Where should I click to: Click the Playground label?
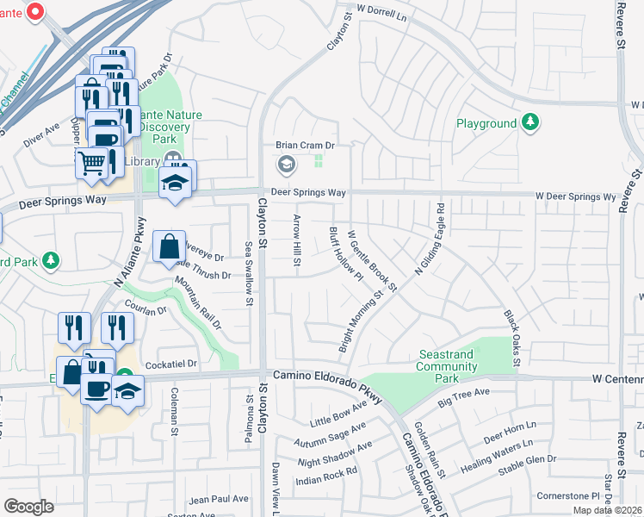pyautogui.click(x=486, y=123)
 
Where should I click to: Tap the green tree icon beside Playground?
pyautogui.click(x=532, y=122)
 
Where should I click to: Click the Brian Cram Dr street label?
pyautogui.click(x=304, y=146)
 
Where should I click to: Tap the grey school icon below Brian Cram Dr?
pyautogui.click(x=286, y=164)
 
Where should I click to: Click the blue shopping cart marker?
pyautogui.click(x=92, y=161)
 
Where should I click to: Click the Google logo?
pyautogui.click(x=28, y=506)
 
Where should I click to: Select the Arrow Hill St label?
pyautogui.click(x=297, y=241)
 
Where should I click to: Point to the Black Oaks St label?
pyautogui.click(x=511, y=338)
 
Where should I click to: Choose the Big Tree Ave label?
pyautogui.click(x=463, y=397)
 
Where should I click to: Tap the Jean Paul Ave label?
pyautogui.click(x=219, y=499)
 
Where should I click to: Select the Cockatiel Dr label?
pyautogui.click(x=172, y=364)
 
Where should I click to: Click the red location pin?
pyautogui.click(x=35, y=11)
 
